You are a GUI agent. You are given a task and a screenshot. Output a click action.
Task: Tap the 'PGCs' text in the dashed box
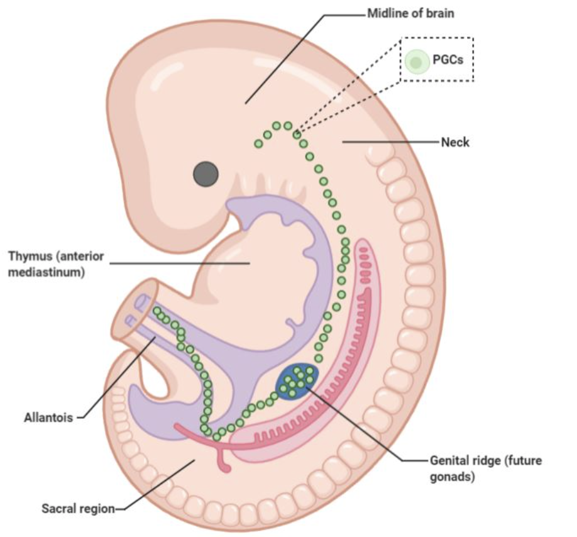pyautogui.click(x=448, y=60)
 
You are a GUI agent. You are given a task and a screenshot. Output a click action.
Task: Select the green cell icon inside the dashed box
pyautogui.click(x=415, y=62)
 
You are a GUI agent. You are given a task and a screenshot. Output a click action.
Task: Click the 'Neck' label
pyautogui.click(x=455, y=143)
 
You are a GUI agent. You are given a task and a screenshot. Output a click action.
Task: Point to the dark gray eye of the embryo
pyautogui.click(x=206, y=174)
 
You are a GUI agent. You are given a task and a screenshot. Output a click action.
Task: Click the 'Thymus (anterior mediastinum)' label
pyautogui.click(x=56, y=264)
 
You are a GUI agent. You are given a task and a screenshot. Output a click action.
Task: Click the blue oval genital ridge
pyautogui.click(x=297, y=380)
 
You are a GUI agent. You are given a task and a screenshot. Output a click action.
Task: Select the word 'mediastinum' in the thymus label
pyautogui.click(x=47, y=272)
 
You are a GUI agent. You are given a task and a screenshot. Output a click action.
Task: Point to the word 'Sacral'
pyautogui.click(x=57, y=507)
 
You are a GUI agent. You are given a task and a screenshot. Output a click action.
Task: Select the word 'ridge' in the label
pyautogui.click(x=481, y=460)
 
